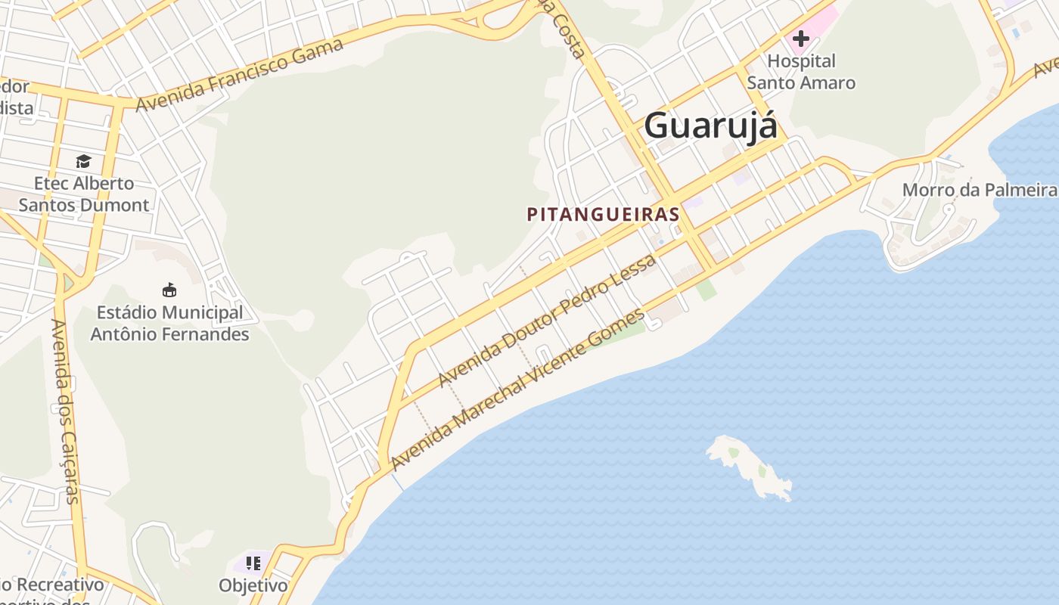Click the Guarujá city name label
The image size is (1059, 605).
(x=710, y=126)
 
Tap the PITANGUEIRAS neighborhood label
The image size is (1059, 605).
(x=603, y=215)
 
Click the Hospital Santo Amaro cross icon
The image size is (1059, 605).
(x=800, y=38)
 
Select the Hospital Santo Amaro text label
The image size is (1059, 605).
(x=801, y=72)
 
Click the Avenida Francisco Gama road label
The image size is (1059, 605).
(x=240, y=74)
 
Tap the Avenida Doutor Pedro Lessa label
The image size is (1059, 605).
(x=547, y=320)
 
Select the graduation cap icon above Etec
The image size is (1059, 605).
(x=83, y=161)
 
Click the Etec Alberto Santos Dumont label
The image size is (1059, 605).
(x=84, y=194)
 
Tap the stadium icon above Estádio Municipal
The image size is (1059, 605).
(x=169, y=290)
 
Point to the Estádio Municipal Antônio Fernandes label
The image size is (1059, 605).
(x=169, y=323)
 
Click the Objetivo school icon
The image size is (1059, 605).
(x=253, y=563)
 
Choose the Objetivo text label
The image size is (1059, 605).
(x=253, y=586)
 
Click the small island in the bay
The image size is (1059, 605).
(x=749, y=464)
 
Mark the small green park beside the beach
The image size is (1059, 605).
(x=706, y=290)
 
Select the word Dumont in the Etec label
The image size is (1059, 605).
(x=114, y=205)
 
